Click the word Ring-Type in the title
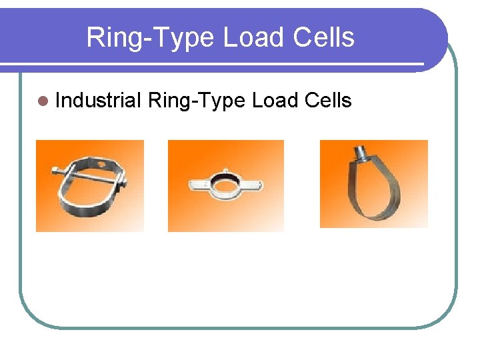[x=151, y=38]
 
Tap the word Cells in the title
[x=325, y=37]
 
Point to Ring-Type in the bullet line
[x=197, y=101]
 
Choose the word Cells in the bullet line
[x=327, y=101]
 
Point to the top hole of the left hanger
[x=101, y=163]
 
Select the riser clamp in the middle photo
[x=225, y=183]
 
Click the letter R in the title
[x=95, y=38]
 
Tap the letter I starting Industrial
[x=59, y=101]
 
